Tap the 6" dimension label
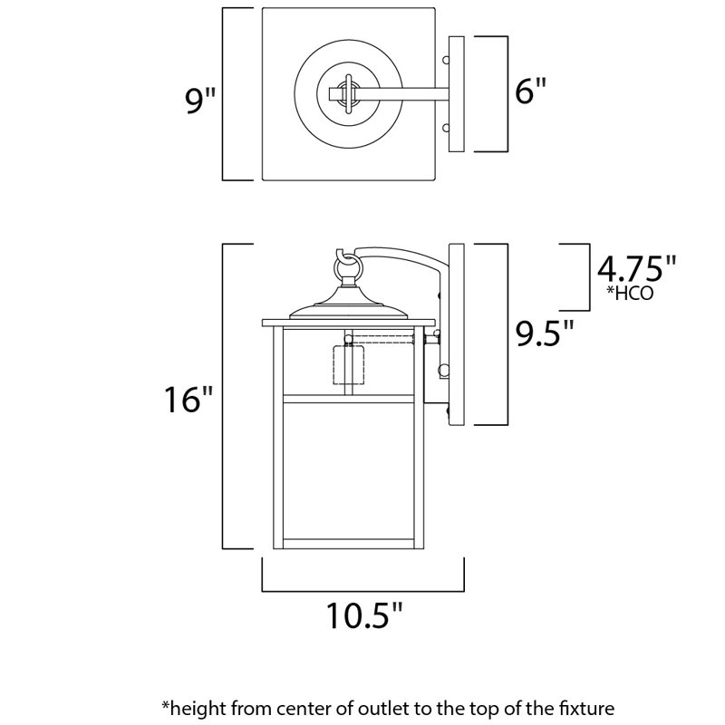pyautogui.click(x=527, y=93)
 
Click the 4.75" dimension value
pyautogui.click(x=636, y=269)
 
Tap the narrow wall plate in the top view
pyautogui.click(x=456, y=93)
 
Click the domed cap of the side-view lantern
pyautogui.click(x=347, y=307)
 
